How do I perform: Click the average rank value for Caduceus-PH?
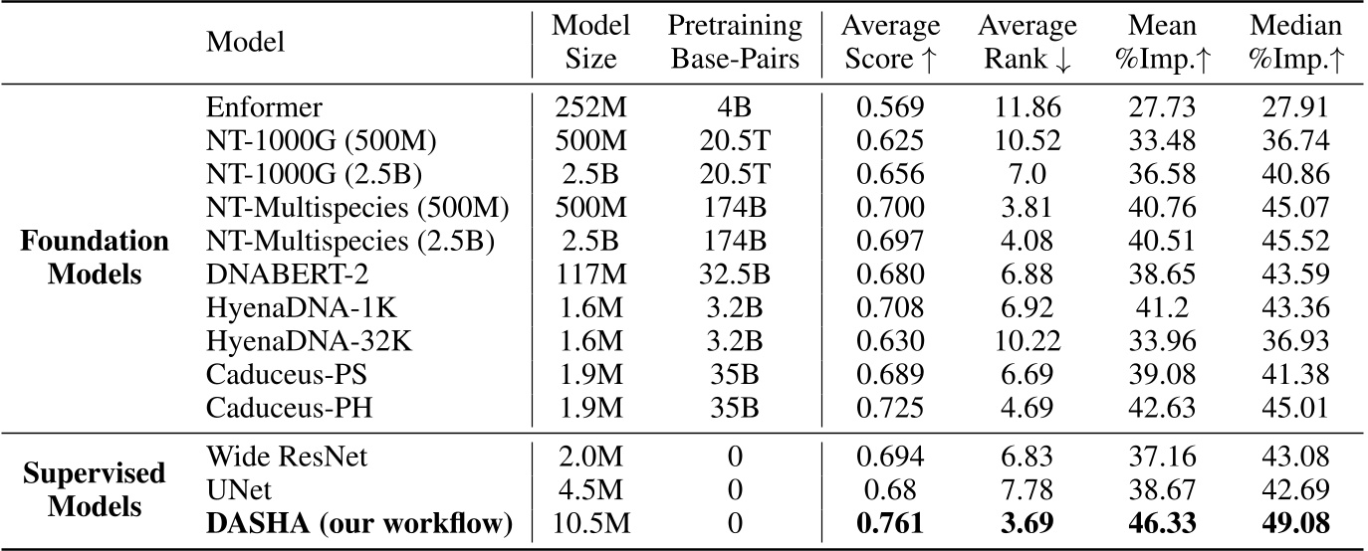click(x=1026, y=408)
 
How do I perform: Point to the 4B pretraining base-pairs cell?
click(x=736, y=106)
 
